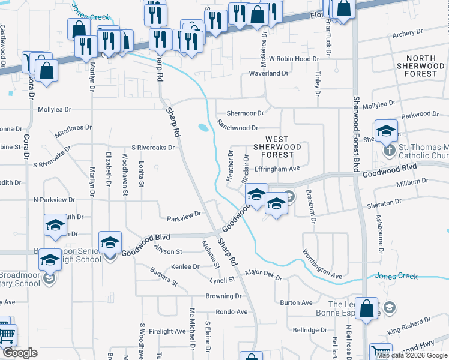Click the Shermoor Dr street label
tap(245, 113)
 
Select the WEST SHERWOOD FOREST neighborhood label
tap(277, 146)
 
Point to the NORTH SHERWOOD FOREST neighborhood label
tap(421, 66)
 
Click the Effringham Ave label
tap(277, 169)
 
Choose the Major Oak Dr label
tap(264, 275)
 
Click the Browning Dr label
tap(223, 296)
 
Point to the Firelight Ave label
tap(167, 331)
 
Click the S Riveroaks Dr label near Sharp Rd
tap(153, 147)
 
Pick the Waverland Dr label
tap(269, 73)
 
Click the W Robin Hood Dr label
tap(293, 59)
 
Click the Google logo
tap(20, 353)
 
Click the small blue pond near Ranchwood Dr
tap(202, 127)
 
